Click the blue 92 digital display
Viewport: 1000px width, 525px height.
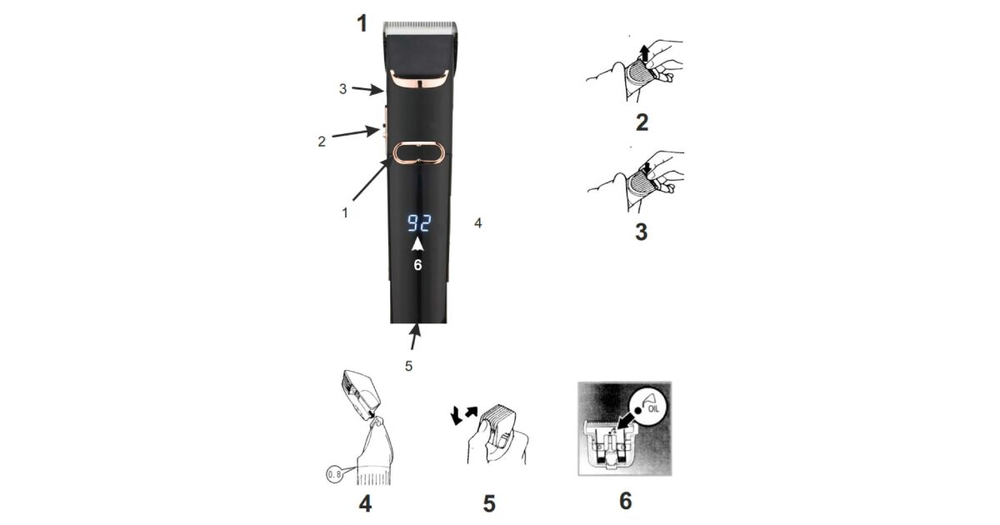point(419,223)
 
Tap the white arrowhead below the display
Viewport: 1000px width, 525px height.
point(417,245)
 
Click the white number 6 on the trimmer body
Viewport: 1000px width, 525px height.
point(417,265)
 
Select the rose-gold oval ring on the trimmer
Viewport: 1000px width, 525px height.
point(419,153)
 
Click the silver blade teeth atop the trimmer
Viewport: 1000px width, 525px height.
point(420,28)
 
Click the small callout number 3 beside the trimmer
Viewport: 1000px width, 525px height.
point(342,89)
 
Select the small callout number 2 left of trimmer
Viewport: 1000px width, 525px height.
point(322,142)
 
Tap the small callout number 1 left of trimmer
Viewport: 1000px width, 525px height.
point(345,213)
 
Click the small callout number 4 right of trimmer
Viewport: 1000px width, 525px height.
point(478,223)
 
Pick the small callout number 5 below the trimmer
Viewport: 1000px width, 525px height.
point(408,366)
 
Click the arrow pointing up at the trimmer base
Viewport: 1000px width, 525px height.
point(415,337)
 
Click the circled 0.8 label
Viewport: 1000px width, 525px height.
point(334,474)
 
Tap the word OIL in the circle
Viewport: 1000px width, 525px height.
point(653,409)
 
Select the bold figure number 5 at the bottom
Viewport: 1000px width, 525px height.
point(489,503)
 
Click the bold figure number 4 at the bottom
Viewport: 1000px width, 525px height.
point(365,503)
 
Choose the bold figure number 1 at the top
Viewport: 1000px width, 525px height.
point(362,23)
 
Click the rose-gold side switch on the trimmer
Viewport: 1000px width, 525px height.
point(385,129)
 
